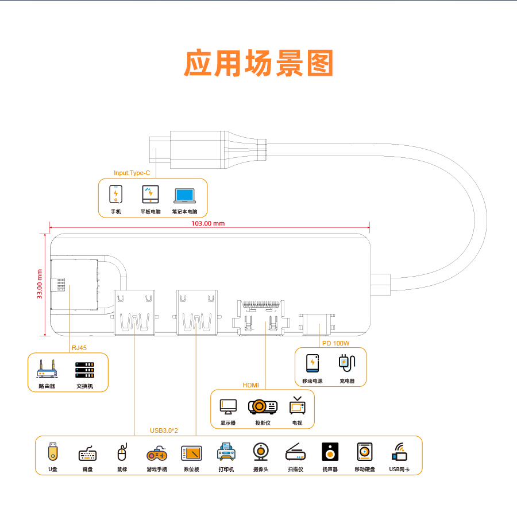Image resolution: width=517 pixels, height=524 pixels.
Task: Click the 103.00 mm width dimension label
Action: tap(208, 223)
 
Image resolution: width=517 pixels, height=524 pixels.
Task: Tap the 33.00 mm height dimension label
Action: tap(40, 284)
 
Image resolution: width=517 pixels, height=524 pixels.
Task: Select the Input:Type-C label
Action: tap(132, 173)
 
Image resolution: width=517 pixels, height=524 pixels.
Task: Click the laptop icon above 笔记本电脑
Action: tap(184, 196)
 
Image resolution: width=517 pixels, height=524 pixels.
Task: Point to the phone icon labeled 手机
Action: tap(115, 194)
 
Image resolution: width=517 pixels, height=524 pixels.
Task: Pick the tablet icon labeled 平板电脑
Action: tap(151, 195)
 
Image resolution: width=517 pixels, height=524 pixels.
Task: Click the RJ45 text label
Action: tap(79, 348)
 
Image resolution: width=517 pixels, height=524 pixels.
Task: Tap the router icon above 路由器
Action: tap(47, 368)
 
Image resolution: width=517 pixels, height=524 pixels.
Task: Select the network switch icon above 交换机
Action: tap(84, 370)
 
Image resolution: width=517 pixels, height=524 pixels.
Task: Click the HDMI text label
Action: tap(251, 385)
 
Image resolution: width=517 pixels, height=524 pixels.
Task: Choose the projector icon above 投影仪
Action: tap(263, 407)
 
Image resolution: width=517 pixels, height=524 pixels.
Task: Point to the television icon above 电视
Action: tap(298, 405)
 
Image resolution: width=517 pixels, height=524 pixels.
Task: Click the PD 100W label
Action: tap(335, 343)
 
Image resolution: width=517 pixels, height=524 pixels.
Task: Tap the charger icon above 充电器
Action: tap(347, 363)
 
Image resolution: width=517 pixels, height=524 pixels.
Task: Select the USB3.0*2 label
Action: tap(164, 430)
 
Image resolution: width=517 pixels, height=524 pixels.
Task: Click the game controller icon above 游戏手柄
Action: tap(157, 453)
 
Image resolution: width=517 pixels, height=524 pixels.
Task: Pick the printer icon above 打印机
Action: tap(226, 452)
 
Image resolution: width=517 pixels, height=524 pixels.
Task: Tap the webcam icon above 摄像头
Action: tap(261, 452)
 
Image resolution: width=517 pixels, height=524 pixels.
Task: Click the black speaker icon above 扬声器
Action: tap(330, 452)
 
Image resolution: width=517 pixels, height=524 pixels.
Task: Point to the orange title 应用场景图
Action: tap(258, 63)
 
